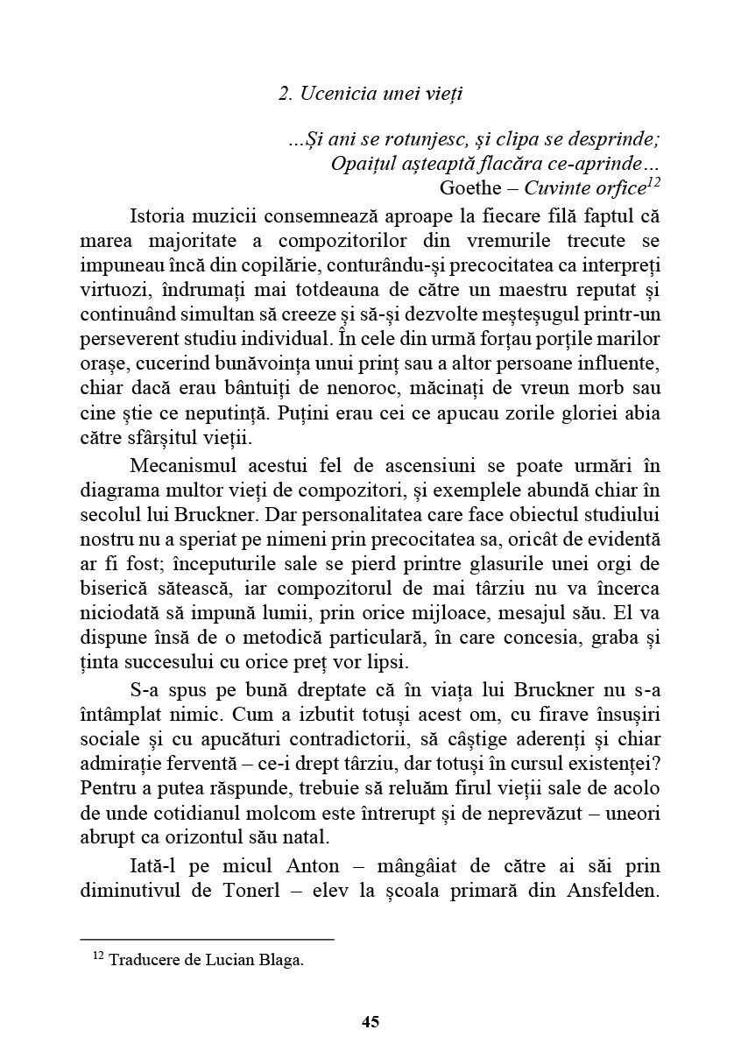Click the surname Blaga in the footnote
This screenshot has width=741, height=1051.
click(282, 960)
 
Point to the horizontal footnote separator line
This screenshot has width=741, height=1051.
click(207, 939)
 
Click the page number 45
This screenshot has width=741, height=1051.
click(370, 1022)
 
